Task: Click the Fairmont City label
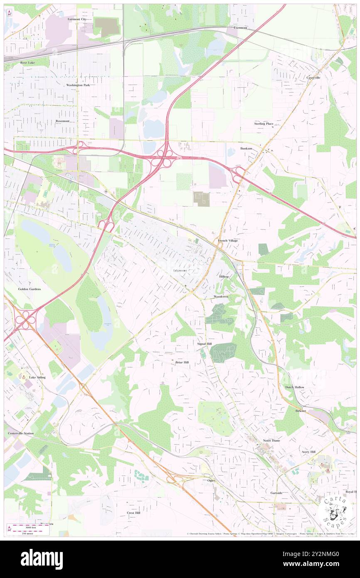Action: tap(77, 19)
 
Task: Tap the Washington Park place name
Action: tap(78, 85)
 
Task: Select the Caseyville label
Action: tap(313, 77)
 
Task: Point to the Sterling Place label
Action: tap(264, 124)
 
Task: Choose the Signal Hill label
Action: tap(204, 344)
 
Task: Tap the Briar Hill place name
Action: tap(182, 363)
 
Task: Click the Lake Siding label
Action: tap(37, 377)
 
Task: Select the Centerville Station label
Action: tap(21, 433)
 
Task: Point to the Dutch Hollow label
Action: tap(295, 387)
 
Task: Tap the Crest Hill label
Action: tap(133, 513)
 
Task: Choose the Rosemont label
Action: tap(62, 121)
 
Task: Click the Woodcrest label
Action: tap(222, 297)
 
